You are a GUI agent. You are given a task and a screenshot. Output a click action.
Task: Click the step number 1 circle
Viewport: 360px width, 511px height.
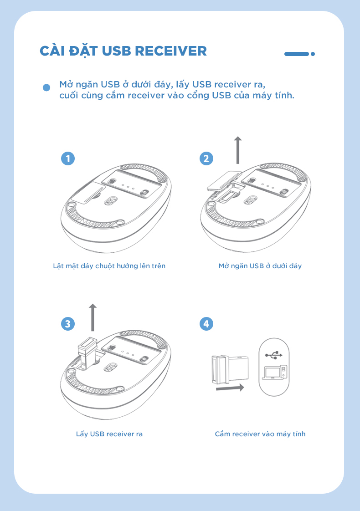(x=68, y=158)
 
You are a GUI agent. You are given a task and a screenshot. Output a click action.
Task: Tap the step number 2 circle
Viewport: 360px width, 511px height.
(x=206, y=158)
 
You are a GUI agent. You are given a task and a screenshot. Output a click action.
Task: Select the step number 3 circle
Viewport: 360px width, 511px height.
(x=68, y=324)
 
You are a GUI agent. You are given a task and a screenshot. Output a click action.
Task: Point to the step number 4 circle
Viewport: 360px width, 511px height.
(x=206, y=324)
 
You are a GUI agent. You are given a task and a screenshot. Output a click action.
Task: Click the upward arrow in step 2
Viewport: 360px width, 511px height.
(x=238, y=150)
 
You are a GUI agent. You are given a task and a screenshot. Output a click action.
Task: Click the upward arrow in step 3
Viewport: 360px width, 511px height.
(x=93, y=317)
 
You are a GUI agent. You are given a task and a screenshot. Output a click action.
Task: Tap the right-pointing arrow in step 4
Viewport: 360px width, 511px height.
(x=230, y=388)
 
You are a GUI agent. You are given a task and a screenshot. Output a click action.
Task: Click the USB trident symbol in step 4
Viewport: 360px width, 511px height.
(x=274, y=355)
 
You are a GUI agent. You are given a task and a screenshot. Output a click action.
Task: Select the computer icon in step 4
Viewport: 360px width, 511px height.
(x=275, y=372)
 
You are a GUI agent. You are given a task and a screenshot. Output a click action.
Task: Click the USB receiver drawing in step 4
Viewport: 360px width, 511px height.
(x=230, y=369)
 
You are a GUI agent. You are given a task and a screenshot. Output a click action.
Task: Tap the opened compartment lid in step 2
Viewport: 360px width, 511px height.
(x=224, y=180)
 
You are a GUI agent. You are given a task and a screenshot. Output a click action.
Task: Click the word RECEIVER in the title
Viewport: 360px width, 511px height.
(x=170, y=51)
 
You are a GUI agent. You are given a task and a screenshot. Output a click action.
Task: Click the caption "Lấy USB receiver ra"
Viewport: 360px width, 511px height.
(x=109, y=434)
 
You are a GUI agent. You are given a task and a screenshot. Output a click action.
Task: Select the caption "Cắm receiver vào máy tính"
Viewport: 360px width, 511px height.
(x=260, y=434)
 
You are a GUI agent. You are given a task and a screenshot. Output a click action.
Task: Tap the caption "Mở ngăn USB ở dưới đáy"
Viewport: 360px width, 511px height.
(x=260, y=266)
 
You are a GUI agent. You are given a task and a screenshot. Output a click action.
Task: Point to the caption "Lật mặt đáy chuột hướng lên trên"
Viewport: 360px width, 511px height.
(x=109, y=266)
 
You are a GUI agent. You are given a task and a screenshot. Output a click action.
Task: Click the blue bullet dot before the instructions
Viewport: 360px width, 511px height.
(x=46, y=87)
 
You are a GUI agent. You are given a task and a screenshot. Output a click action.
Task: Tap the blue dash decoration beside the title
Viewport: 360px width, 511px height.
(x=296, y=54)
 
